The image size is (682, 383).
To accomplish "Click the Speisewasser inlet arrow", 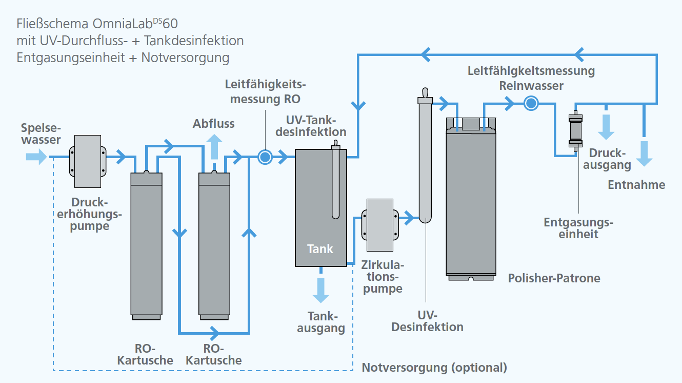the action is click(x=36, y=157).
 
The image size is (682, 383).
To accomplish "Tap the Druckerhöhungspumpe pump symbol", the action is click(x=88, y=161).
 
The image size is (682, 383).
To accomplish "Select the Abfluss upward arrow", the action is click(x=214, y=147).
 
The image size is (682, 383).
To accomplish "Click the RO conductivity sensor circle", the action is click(x=265, y=157).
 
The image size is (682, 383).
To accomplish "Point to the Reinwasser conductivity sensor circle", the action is click(x=531, y=103).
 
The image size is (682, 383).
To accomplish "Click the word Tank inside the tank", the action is click(x=320, y=249).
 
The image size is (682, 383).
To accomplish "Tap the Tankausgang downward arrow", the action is click(x=321, y=290).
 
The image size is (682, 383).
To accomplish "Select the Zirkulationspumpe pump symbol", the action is click(x=380, y=225).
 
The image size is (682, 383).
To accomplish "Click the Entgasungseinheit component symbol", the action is click(x=575, y=131).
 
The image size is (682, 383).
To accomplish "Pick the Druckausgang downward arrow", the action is click(x=606, y=127).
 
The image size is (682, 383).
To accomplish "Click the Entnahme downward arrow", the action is click(x=644, y=154).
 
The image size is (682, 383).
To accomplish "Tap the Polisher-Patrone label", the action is click(x=554, y=278).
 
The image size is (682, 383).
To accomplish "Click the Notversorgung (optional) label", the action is click(x=434, y=368).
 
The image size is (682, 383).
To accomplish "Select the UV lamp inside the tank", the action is click(x=335, y=179).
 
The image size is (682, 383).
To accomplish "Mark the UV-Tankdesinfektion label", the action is click(x=311, y=126).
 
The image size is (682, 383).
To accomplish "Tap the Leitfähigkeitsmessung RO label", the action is click(x=265, y=91).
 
